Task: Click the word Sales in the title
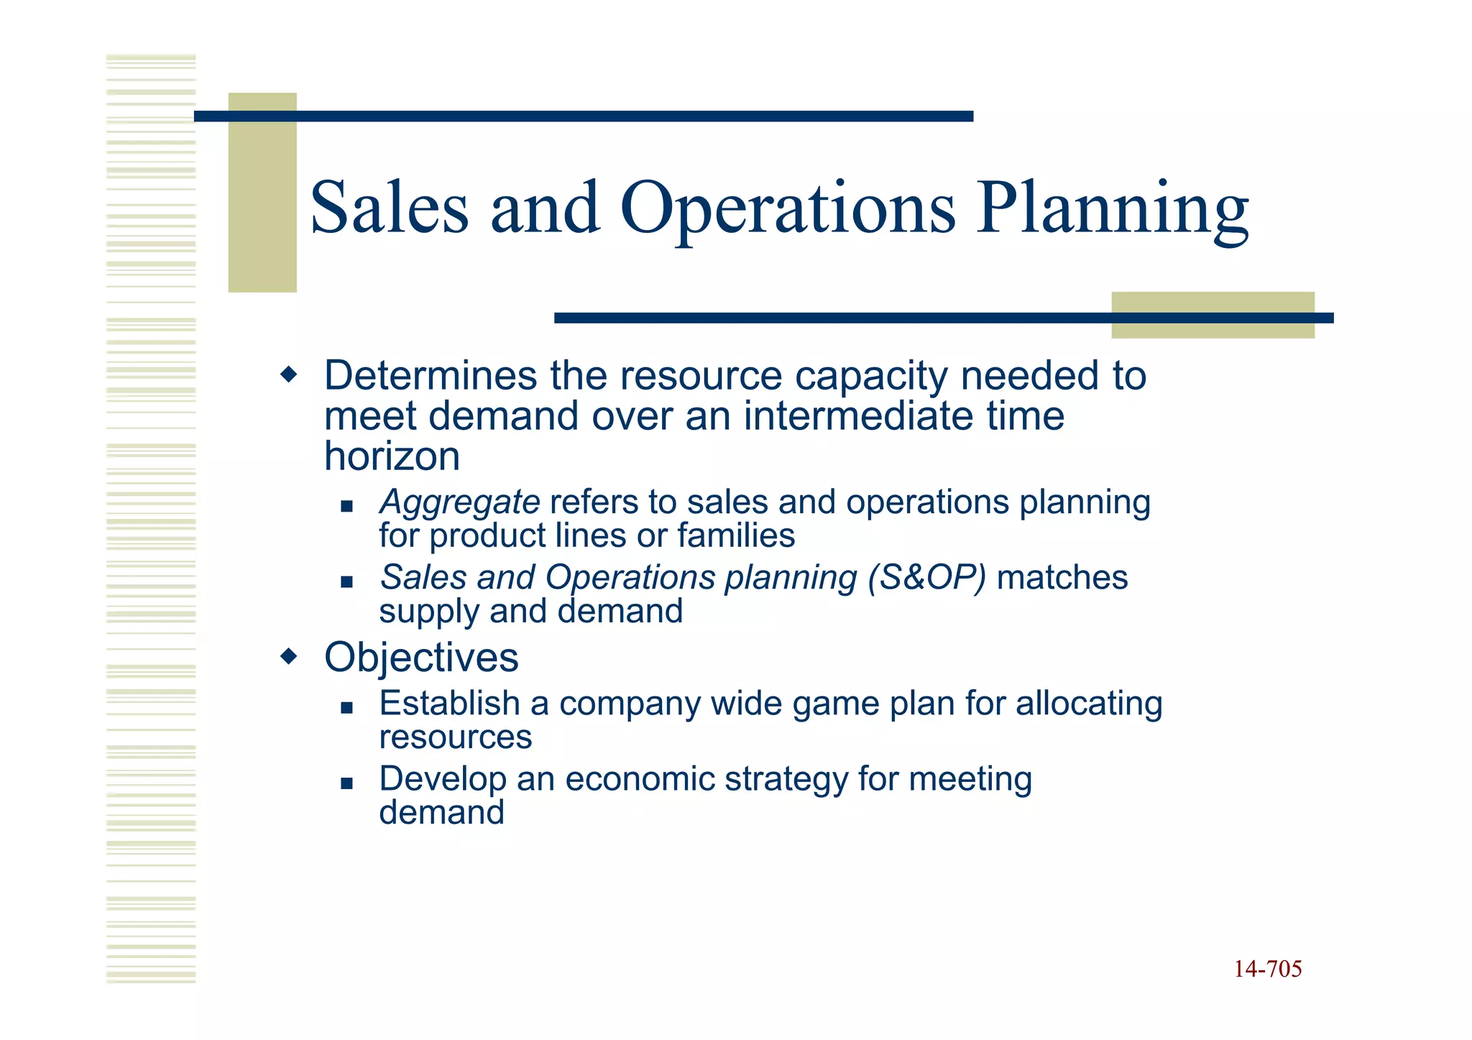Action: point(389,208)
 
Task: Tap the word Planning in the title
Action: point(1112,210)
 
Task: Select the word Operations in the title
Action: point(787,210)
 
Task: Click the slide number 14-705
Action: point(1267,970)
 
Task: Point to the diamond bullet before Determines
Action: point(288,374)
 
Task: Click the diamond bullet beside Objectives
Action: point(288,656)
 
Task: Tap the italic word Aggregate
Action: point(460,502)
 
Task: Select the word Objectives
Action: point(421,658)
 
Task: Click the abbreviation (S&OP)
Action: point(926,577)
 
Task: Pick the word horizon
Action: point(392,456)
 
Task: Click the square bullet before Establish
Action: point(347,708)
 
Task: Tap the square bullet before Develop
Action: point(347,783)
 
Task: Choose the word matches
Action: point(1062,577)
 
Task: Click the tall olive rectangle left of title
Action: point(262,192)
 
